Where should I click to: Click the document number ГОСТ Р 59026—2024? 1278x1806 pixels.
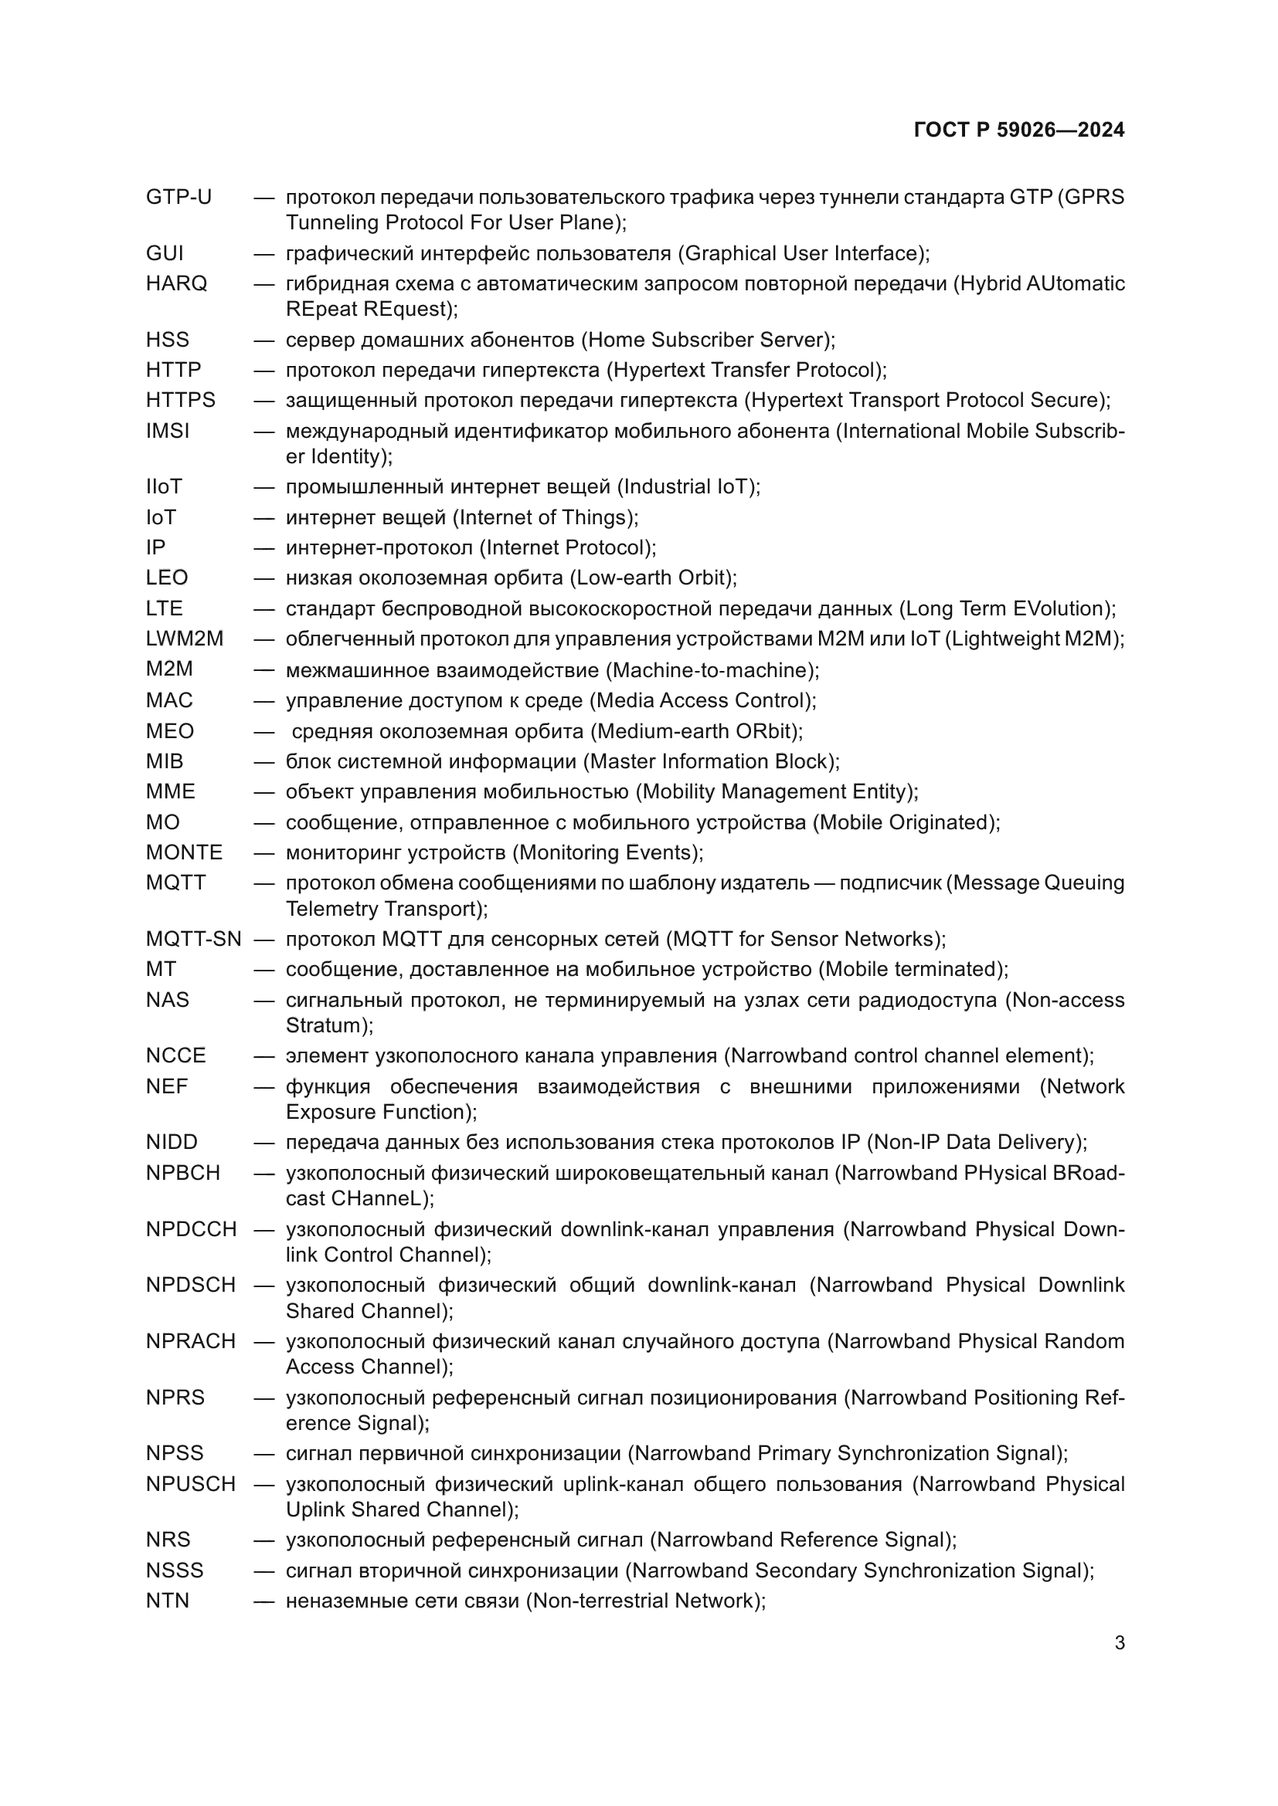click(x=1018, y=130)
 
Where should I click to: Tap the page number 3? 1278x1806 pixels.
click(x=1119, y=1642)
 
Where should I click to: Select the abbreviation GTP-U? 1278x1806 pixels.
click(x=178, y=197)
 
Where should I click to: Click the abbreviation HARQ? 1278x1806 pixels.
click(x=176, y=283)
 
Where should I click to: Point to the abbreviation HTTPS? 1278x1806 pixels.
click(x=180, y=400)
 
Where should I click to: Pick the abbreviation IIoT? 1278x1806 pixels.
click(x=164, y=486)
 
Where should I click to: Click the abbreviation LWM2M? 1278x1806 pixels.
click(x=184, y=638)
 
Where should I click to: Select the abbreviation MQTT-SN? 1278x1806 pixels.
click(x=193, y=938)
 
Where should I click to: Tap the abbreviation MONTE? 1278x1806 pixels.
click(x=183, y=852)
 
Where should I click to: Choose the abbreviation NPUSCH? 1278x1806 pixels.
click(x=190, y=1483)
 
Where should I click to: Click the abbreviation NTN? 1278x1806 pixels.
click(x=167, y=1601)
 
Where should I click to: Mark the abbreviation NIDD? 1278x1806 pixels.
click(x=171, y=1141)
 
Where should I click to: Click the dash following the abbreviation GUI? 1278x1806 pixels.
click(x=263, y=253)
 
